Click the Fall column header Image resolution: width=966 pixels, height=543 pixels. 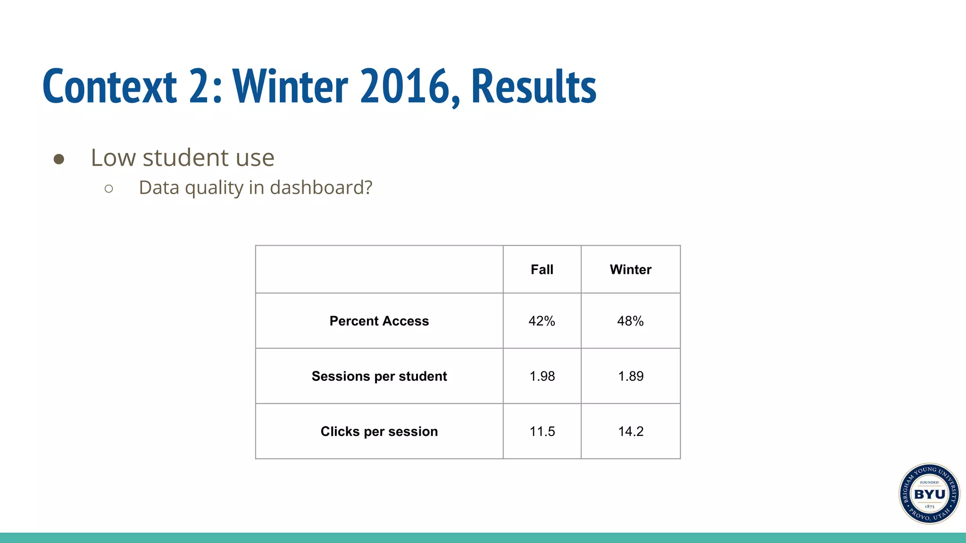[541, 270]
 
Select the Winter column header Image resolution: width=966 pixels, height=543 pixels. [630, 270]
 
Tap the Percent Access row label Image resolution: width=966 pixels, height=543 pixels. [379, 321]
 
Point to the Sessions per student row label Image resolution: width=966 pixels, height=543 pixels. [379, 376]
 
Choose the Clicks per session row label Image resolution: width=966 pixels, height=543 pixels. [379, 431]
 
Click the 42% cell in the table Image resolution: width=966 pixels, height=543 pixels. [541, 321]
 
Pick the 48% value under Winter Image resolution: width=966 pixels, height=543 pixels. [630, 321]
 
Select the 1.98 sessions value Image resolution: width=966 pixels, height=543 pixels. [542, 376]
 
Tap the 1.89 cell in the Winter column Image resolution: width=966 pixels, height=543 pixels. [631, 376]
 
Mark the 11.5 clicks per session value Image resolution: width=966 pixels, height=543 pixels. [542, 431]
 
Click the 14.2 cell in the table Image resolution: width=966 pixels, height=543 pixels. [631, 431]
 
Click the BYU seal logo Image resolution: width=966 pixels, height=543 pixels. [929, 494]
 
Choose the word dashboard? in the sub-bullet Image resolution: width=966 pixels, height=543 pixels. [321, 188]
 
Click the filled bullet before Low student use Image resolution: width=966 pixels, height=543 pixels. [59, 159]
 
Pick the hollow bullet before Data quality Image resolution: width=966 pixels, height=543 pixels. [109, 189]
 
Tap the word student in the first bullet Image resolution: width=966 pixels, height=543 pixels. [186, 157]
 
